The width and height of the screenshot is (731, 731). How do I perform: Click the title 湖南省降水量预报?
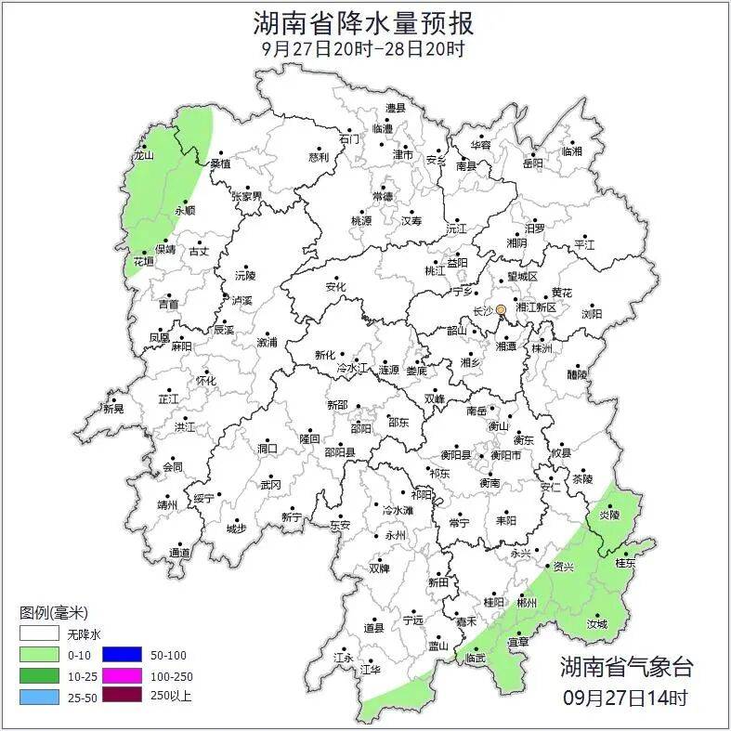(x=364, y=22)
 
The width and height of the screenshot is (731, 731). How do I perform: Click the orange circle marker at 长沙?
(x=501, y=309)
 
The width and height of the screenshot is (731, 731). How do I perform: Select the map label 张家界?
(x=246, y=197)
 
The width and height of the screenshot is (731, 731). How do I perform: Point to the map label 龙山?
(x=143, y=156)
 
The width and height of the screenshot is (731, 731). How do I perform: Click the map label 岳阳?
(x=533, y=163)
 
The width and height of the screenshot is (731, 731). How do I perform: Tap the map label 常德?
(x=382, y=197)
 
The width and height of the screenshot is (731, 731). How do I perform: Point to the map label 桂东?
(x=626, y=563)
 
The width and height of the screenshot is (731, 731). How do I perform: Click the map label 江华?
(x=371, y=669)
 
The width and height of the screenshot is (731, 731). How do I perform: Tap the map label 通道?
(x=179, y=554)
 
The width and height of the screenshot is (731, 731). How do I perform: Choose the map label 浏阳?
(x=591, y=314)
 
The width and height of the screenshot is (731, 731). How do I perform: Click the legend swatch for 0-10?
(x=39, y=655)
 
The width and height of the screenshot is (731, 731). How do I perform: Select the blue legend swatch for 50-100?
(x=121, y=655)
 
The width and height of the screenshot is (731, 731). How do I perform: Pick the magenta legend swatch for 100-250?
(x=121, y=675)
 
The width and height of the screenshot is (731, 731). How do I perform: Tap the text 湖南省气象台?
(x=625, y=666)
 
